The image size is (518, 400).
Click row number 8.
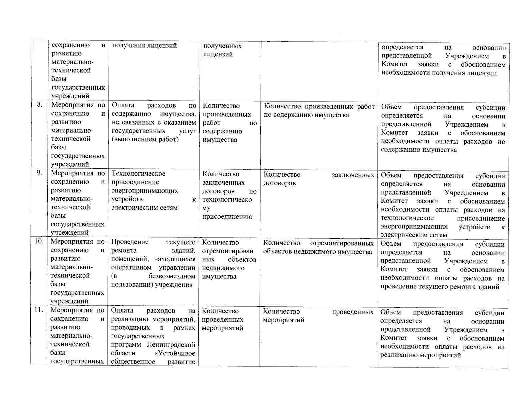point(40,105)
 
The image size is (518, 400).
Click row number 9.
point(39,173)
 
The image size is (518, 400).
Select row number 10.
point(39,241)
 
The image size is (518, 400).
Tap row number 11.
point(39,310)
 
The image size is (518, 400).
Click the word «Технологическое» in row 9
point(138,174)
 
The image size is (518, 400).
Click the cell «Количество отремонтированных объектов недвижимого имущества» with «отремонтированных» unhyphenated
point(318,247)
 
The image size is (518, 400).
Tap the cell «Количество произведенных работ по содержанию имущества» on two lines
point(319,110)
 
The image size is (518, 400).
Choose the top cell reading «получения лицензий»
point(144,46)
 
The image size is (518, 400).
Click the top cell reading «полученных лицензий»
point(222,50)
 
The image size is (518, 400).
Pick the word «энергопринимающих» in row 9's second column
point(145,191)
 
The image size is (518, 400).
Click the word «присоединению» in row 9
point(227,217)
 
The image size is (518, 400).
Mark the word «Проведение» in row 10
point(130,242)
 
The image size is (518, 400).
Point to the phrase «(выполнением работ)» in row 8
point(145,139)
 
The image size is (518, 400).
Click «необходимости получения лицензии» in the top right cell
point(439,73)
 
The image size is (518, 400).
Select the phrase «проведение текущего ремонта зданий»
point(440,287)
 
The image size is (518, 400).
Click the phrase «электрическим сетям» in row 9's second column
point(144,208)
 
